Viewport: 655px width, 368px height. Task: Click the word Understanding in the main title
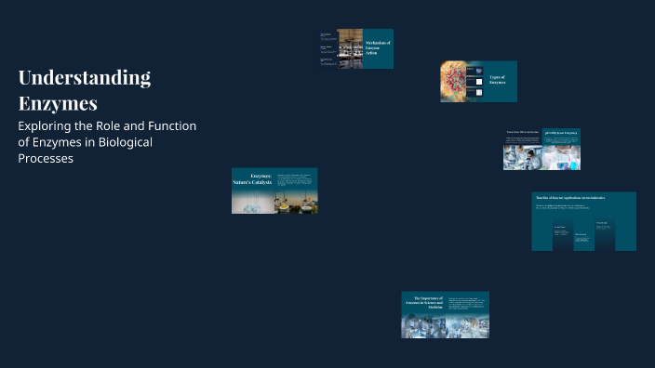click(x=84, y=78)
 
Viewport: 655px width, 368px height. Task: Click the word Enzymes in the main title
click(x=57, y=102)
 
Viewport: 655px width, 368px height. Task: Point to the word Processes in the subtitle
click(x=46, y=159)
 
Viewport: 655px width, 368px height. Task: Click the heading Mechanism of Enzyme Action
click(x=378, y=48)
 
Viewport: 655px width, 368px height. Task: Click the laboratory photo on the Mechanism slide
click(x=350, y=48)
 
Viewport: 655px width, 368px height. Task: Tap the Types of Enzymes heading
click(x=498, y=81)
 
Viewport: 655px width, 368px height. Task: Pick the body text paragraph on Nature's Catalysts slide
click(x=295, y=179)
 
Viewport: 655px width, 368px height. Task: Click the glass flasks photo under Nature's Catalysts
click(x=274, y=203)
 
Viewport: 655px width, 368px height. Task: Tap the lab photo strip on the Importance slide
click(x=445, y=326)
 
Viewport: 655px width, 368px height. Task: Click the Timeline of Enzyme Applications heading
click(x=569, y=198)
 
